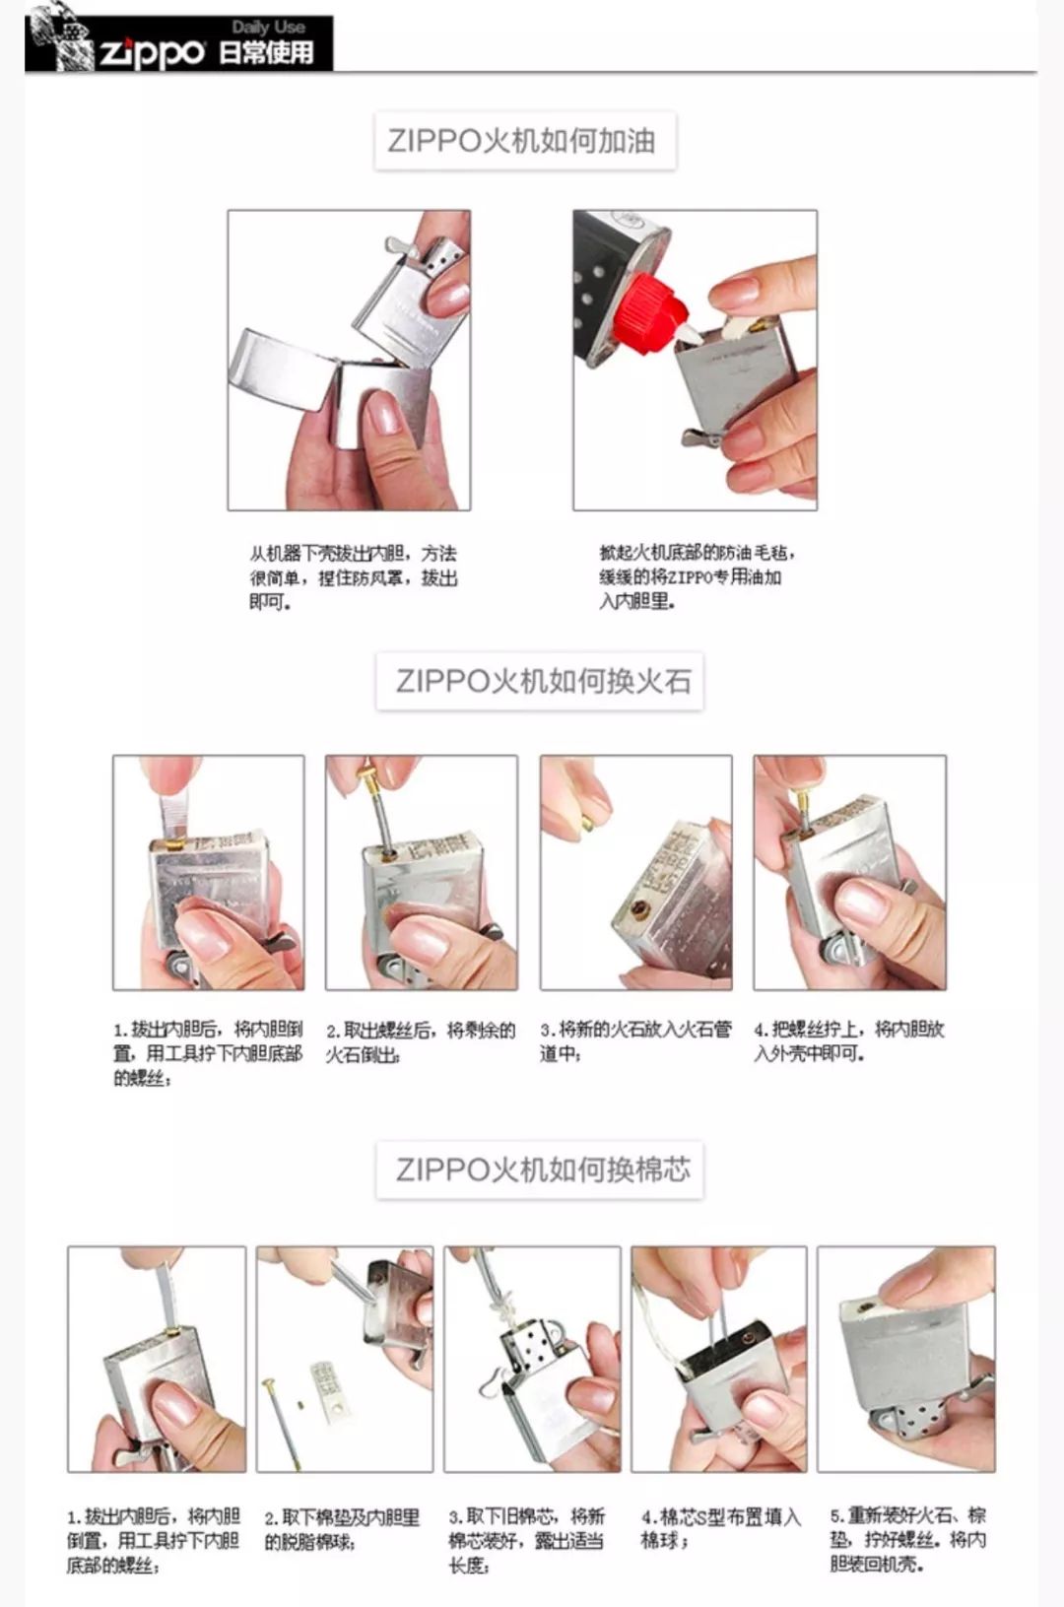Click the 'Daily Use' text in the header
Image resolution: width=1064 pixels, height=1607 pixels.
pos(268,27)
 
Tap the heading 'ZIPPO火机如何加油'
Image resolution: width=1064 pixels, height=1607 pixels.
pos(523,141)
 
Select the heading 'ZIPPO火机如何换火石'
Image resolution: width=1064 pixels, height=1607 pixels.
pos(541,681)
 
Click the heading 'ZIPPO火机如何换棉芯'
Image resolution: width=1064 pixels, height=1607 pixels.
pos(541,1170)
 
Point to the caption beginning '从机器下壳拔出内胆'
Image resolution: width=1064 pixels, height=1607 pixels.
pos(352,577)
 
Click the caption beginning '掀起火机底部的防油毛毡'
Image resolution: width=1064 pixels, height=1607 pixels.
pos(695,577)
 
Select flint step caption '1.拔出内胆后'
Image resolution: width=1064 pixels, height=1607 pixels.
pos(207,1053)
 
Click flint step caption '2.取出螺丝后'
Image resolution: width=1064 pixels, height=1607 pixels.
pos(420,1041)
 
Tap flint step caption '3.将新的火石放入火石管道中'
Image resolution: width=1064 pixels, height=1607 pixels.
pos(634,1041)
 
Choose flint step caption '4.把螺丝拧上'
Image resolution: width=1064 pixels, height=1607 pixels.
pos(848,1041)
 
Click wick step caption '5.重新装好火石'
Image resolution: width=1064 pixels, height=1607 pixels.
pos(907,1539)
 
